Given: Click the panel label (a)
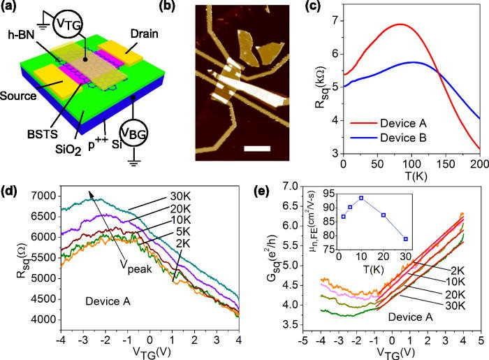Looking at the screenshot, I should click(13, 9).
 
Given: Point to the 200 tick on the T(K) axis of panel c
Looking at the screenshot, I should click(479, 163).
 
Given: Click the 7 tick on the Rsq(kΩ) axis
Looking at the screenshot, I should click(333, 21).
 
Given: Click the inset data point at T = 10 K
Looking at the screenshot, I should click(360, 198).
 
